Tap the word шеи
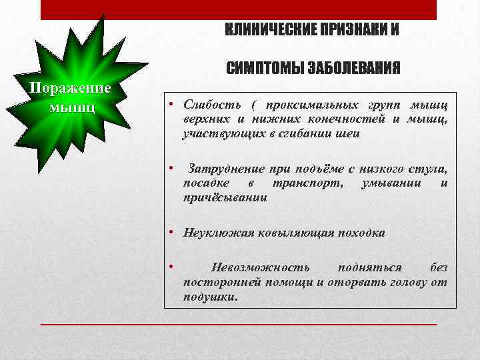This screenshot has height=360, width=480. [350, 133]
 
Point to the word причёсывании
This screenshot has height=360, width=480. [225, 197]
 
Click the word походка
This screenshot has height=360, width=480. [360, 233]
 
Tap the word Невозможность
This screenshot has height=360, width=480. [260, 268]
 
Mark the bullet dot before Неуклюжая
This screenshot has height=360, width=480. [171, 233]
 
